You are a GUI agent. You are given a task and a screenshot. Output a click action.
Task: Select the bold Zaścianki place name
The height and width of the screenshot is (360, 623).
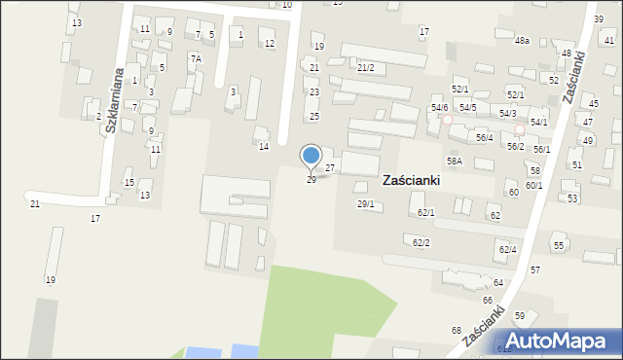[411, 180]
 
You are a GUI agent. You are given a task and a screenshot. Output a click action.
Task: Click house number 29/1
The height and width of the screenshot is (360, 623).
[366, 203]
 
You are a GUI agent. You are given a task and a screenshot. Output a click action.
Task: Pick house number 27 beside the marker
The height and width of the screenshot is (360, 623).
[330, 168]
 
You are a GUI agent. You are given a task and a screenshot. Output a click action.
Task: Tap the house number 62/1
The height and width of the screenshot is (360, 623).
[426, 212]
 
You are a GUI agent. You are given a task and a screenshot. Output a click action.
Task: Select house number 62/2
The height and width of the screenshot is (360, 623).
[421, 242]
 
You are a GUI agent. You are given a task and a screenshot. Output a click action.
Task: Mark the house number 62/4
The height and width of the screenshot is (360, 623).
[507, 250]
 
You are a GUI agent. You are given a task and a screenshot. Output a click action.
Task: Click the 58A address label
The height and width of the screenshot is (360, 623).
[454, 161]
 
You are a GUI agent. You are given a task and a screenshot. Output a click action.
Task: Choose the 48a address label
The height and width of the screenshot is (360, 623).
[522, 41]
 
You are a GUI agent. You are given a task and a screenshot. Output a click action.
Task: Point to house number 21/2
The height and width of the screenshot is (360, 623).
[365, 67]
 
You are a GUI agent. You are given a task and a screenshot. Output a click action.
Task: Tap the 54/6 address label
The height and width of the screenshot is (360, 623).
[439, 107]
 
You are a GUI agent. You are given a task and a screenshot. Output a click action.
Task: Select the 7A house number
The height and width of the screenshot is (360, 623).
[196, 58]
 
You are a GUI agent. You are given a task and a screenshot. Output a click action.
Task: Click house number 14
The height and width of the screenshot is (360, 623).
[263, 146]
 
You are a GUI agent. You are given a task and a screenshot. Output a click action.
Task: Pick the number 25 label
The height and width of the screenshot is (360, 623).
[314, 116]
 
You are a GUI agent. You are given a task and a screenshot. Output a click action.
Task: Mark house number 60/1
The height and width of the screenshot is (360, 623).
[533, 185]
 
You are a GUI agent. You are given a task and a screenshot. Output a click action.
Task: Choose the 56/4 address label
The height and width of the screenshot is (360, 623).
[484, 137]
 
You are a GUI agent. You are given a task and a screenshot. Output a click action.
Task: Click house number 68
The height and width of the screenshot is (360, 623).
[457, 331]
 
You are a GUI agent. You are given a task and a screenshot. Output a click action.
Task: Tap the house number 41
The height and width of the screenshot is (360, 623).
[609, 41]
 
